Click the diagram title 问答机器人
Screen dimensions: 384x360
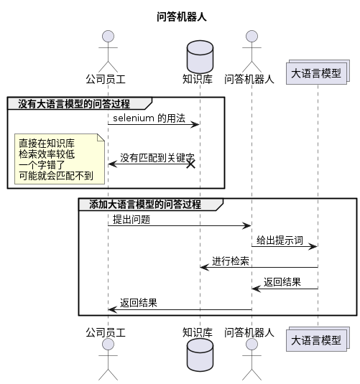tap(182, 17)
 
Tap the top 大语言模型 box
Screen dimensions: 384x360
tap(316, 73)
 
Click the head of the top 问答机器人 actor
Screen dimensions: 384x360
tap(251, 37)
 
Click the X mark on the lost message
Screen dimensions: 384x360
tap(191, 164)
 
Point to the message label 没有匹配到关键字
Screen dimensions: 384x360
tap(155, 157)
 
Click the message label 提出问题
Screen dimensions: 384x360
tap(131, 219)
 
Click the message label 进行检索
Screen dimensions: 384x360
tap(230, 261)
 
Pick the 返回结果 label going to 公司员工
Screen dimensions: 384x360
tap(139, 303)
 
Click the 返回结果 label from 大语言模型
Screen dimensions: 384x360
tap(282, 282)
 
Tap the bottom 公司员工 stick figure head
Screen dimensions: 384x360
tap(109, 345)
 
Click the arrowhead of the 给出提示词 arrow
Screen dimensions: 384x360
tap(313, 247)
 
